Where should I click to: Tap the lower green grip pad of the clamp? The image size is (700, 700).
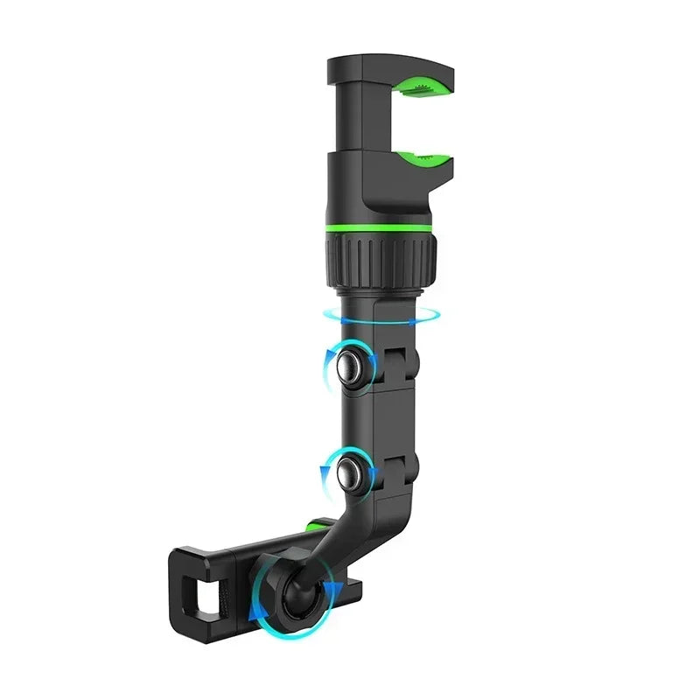tap(425, 159)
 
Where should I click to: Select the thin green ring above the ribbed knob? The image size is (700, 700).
tap(381, 228)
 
